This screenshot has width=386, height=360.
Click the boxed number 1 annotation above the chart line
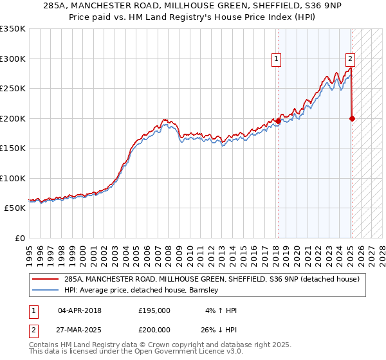[276, 59]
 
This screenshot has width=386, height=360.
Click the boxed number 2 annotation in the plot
[350, 59]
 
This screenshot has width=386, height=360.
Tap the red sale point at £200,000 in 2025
[353, 118]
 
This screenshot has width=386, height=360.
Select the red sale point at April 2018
[278, 121]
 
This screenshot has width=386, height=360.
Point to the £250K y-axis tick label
[13, 89]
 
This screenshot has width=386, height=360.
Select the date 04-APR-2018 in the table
[80, 310]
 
